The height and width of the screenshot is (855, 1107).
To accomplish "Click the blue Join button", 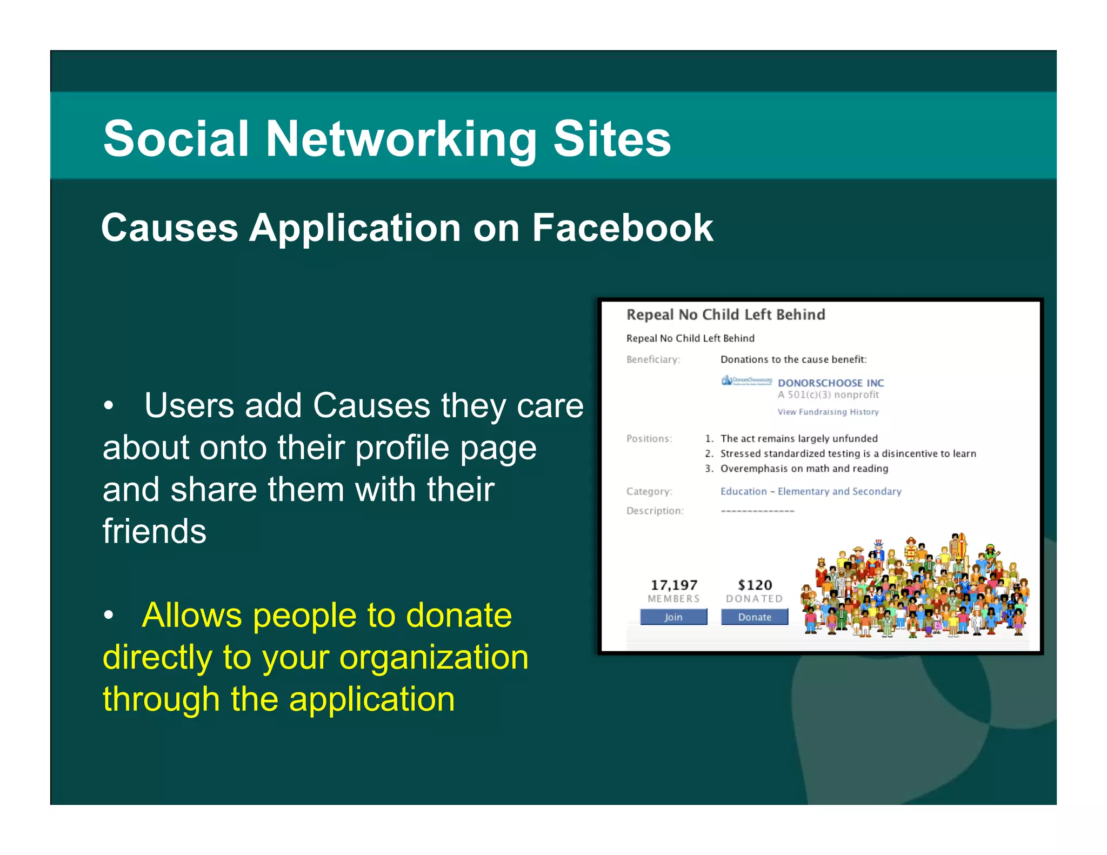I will click(673, 617).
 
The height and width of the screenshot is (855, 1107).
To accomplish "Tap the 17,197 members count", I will click(673, 585).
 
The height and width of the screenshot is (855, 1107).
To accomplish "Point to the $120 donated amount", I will click(755, 585).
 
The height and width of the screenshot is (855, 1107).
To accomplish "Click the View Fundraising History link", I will click(828, 412).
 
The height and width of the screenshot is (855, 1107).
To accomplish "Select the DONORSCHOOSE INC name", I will click(830, 383).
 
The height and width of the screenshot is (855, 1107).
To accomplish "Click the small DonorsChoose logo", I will click(746, 380).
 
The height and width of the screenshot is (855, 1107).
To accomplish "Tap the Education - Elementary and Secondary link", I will click(810, 491).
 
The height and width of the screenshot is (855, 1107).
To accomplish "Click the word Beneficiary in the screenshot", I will click(652, 359).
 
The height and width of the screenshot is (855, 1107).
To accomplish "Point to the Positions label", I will click(649, 438).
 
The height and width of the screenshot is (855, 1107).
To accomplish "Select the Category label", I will click(649, 491).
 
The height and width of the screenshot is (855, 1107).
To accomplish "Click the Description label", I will click(655, 511).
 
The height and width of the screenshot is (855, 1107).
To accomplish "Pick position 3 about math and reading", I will click(803, 469).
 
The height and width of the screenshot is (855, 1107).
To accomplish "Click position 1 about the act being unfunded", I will click(798, 438).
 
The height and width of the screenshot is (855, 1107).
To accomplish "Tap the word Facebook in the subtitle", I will click(622, 228).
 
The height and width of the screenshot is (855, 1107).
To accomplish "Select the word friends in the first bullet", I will click(155, 531).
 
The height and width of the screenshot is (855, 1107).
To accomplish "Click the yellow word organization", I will click(434, 658).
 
